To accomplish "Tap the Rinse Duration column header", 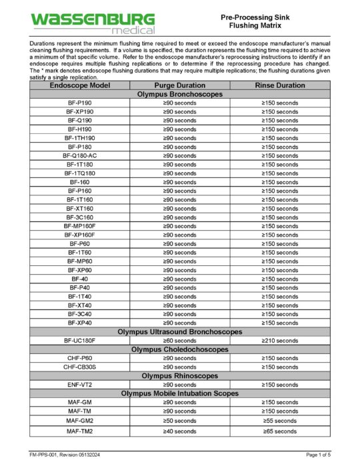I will click(280, 85).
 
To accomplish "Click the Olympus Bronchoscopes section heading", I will click(180, 94).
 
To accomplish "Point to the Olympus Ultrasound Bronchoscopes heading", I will click(180, 331).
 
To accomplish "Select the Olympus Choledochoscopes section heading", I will click(180, 349).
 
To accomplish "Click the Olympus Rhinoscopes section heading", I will click(180, 375).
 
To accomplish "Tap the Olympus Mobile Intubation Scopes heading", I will click(180, 393).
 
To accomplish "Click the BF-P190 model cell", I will click(80, 103).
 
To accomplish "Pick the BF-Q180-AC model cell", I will click(80, 155).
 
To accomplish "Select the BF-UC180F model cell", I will click(80, 340).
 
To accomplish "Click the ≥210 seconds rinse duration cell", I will click(280, 340).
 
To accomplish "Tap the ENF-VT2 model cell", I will click(80, 385).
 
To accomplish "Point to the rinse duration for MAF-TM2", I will click(280, 431).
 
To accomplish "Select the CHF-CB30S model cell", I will click(80, 367).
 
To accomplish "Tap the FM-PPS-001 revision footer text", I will click(63, 454).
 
